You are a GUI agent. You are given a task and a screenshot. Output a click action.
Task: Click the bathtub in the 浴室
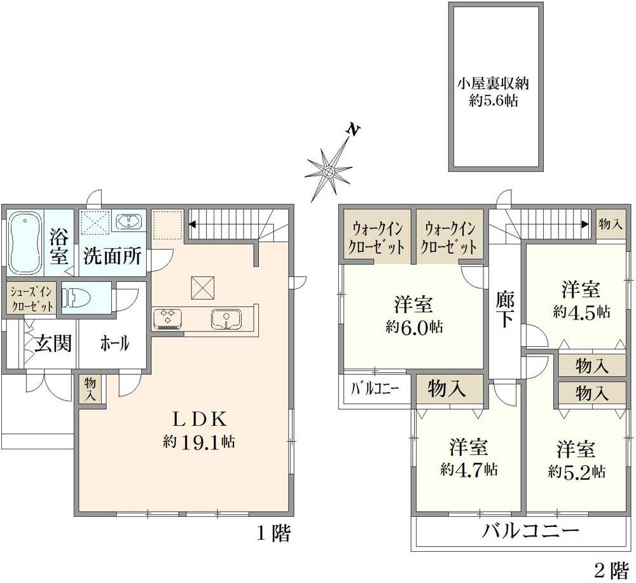(x=25, y=243)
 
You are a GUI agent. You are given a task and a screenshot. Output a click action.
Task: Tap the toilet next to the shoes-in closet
(x=73, y=299)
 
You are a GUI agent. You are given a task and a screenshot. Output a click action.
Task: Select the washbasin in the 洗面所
(x=128, y=221)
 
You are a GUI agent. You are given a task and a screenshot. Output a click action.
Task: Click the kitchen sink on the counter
(x=226, y=319)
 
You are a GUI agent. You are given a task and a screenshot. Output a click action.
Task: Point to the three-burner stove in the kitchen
(x=167, y=318)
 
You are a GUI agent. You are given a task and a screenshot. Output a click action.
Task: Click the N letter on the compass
(x=353, y=129)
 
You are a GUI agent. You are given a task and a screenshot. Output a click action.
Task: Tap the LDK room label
(x=200, y=420)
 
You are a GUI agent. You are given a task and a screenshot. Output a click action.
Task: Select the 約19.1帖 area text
(x=199, y=441)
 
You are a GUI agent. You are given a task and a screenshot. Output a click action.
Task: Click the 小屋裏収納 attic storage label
(x=494, y=83)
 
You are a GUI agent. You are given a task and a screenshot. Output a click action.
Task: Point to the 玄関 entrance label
(x=53, y=344)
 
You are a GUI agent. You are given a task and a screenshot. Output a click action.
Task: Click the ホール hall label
(x=114, y=344)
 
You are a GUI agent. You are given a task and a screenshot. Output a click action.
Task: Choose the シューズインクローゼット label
(x=32, y=299)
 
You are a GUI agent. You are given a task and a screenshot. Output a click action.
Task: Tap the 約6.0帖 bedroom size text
(x=414, y=327)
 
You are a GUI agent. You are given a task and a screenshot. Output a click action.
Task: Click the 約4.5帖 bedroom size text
(x=581, y=312)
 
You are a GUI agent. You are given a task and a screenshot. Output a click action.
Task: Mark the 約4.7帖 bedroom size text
(x=469, y=469)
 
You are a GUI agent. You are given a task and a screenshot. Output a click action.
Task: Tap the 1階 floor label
(x=273, y=533)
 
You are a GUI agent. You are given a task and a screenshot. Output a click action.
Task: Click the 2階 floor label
(x=612, y=572)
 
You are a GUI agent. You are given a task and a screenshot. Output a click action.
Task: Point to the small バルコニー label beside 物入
(x=375, y=389)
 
